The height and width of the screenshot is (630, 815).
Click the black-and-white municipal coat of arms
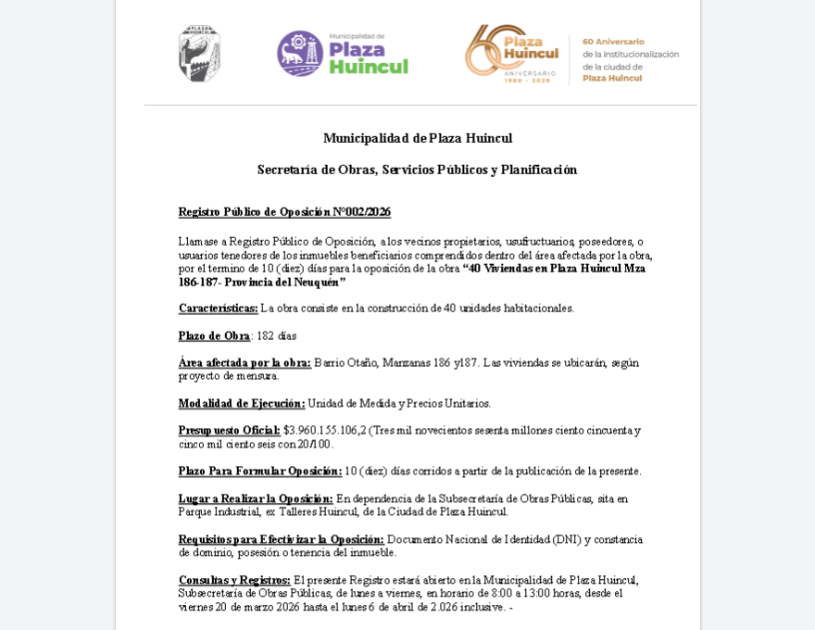199,54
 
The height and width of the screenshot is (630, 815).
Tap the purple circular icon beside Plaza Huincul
299,54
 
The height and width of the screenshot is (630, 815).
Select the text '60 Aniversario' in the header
613,42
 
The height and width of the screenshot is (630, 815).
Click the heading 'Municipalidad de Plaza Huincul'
417,138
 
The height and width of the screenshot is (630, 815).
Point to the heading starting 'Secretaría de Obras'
417,170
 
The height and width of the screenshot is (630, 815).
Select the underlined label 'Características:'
218,309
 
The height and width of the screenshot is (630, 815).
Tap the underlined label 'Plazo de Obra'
214,335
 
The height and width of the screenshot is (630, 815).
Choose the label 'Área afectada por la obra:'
244,363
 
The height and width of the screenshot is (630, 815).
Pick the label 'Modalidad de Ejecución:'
241,404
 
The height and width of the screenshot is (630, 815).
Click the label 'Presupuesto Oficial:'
229,431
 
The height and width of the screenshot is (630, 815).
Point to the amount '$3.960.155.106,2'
324,431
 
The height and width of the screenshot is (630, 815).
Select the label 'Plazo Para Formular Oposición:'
259,472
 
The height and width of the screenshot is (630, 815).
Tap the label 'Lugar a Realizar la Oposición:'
255,498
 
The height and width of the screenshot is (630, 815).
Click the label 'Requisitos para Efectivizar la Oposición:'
281,539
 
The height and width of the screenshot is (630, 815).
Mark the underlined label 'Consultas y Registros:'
233,580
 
